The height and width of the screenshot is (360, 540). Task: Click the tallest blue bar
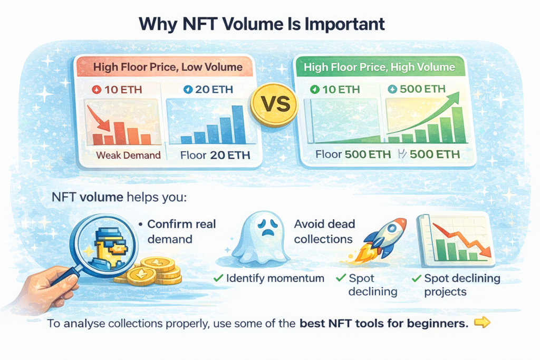[238, 124]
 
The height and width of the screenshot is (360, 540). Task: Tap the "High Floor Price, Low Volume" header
[168, 67]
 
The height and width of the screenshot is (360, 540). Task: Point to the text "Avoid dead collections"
[324, 231]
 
